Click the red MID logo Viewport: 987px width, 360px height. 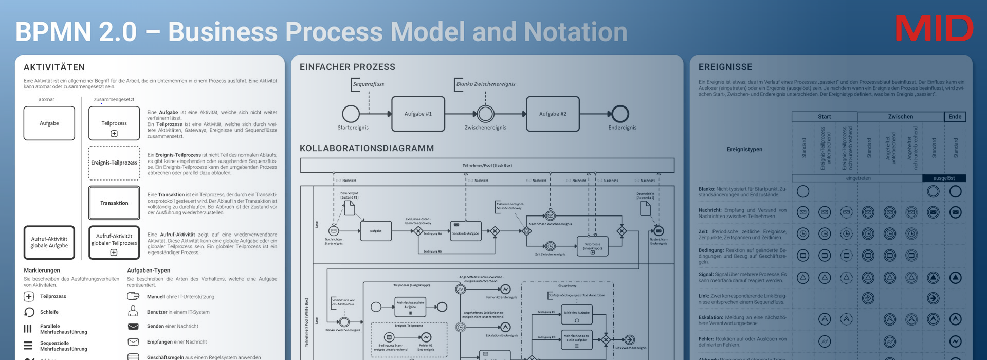click(x=934, y=29)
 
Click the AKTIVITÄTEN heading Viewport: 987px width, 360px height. click(x=54, y=67)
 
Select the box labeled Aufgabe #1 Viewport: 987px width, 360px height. click(x=418, y=114)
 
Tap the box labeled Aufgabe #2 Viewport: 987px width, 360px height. click(x=553, y=114)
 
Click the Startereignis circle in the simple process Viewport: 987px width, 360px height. click(x=351, y=114)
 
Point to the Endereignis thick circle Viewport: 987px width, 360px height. click(x=620, y=114)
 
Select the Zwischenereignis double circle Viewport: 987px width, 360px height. click(x=485, y=114)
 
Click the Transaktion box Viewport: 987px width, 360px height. click(x=114, y=203)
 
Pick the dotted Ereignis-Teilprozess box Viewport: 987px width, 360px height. click(x=114, y=163)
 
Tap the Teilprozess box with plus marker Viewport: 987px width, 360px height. click(x=114, y=123)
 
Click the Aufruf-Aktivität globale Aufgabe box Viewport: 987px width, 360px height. click(x=49, y=242)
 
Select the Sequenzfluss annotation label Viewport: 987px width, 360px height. click(x=368, y=84)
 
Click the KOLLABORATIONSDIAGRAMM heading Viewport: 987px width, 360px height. click(x=367, y=148)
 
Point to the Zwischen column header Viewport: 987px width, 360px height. click(x=900, y=117)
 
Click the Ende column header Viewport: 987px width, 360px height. click(x=955, y=117)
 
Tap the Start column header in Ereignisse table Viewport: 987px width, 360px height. click(x=824, y=117)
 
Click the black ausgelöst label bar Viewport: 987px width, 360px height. click(x=944, y=178)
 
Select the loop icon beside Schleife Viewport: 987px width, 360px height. click(x=29, y=312)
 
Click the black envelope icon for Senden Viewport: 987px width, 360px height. click(x=133, y=327)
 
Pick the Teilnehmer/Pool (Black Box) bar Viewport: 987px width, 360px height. click(x=487, y=166)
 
